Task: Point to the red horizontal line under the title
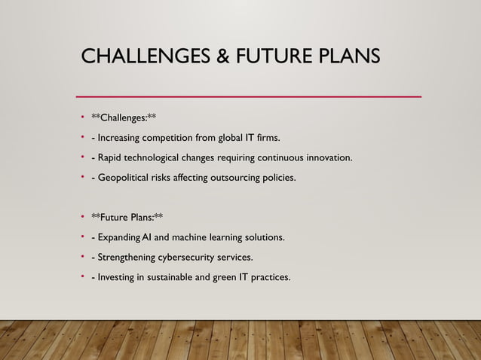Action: pos(249,96)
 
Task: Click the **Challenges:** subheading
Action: pos(124,117)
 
